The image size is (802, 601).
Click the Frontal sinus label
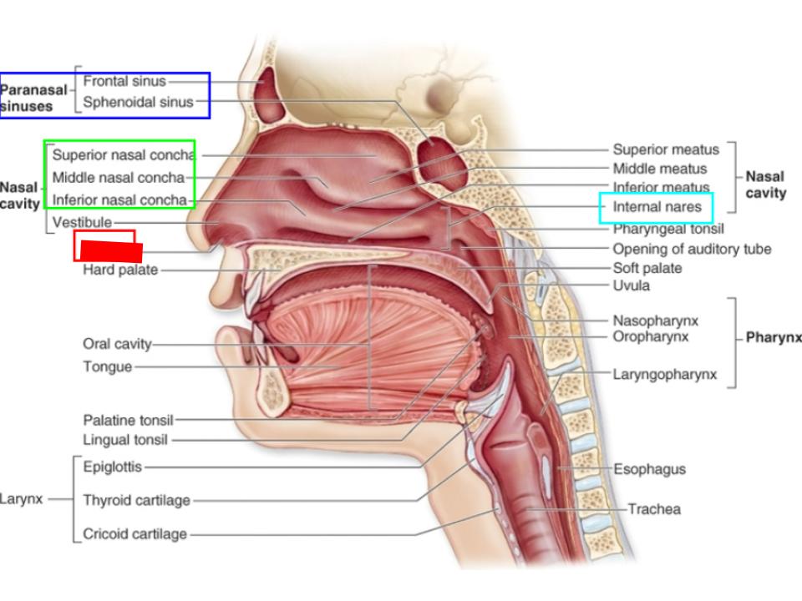click(x=124, y=82)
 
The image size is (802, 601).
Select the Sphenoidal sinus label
click(x=138, y=103)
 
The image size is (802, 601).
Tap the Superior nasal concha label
click(x=123, y=155)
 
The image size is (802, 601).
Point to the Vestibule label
click(x=82, y=223)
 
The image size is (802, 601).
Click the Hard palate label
click(x=120, y=270)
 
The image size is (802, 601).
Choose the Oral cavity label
click(x=117, y=344)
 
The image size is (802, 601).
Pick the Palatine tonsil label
click(x=128, y=421)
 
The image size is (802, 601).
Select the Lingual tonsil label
click(x=125, y=440)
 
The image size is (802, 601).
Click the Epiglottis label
click(x=113, y=467)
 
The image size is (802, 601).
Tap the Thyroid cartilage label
click(x=136, y=501)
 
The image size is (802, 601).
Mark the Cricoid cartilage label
click(x=135, y=534)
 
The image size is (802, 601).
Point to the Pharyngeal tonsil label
click(x=668, y=229)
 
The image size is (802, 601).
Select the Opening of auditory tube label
click(x=692, y=249)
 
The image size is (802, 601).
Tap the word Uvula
click(x=632, y=285)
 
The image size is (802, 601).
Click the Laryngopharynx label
click(x=664, y=375)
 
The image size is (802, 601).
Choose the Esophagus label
click(x=650, y=469)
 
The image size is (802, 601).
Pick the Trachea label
click(x=654, y=509)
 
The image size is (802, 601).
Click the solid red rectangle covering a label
click(x=111, y=252)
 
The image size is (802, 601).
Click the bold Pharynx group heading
click(x=774, y=338)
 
